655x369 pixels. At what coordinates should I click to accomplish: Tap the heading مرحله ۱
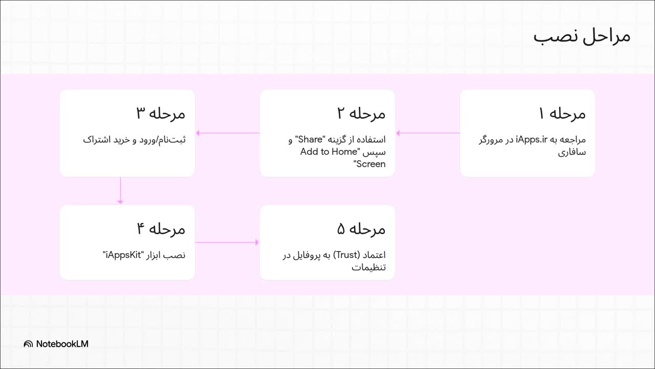pos(562,113)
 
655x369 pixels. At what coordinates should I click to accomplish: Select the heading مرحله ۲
pos(361,113)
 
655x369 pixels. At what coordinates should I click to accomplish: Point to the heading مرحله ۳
pos(161,113)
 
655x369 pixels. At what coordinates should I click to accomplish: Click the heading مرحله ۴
pos(161,229)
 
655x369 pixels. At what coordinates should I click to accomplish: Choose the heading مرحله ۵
pos(361,229)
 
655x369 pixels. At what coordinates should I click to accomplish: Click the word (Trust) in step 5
pos(347,255)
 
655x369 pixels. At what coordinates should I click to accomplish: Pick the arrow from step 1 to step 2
pos(428,133)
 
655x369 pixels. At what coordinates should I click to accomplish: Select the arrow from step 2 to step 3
pos(227,133)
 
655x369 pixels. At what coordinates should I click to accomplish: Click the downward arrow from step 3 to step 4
pos(120,191)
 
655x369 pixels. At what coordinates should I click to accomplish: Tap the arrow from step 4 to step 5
pos(227,242)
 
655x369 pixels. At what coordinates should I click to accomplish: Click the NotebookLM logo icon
pos(28,344)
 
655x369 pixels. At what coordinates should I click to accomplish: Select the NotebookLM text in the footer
pos(62,344)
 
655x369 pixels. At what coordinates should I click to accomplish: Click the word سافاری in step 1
pos(573,152)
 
